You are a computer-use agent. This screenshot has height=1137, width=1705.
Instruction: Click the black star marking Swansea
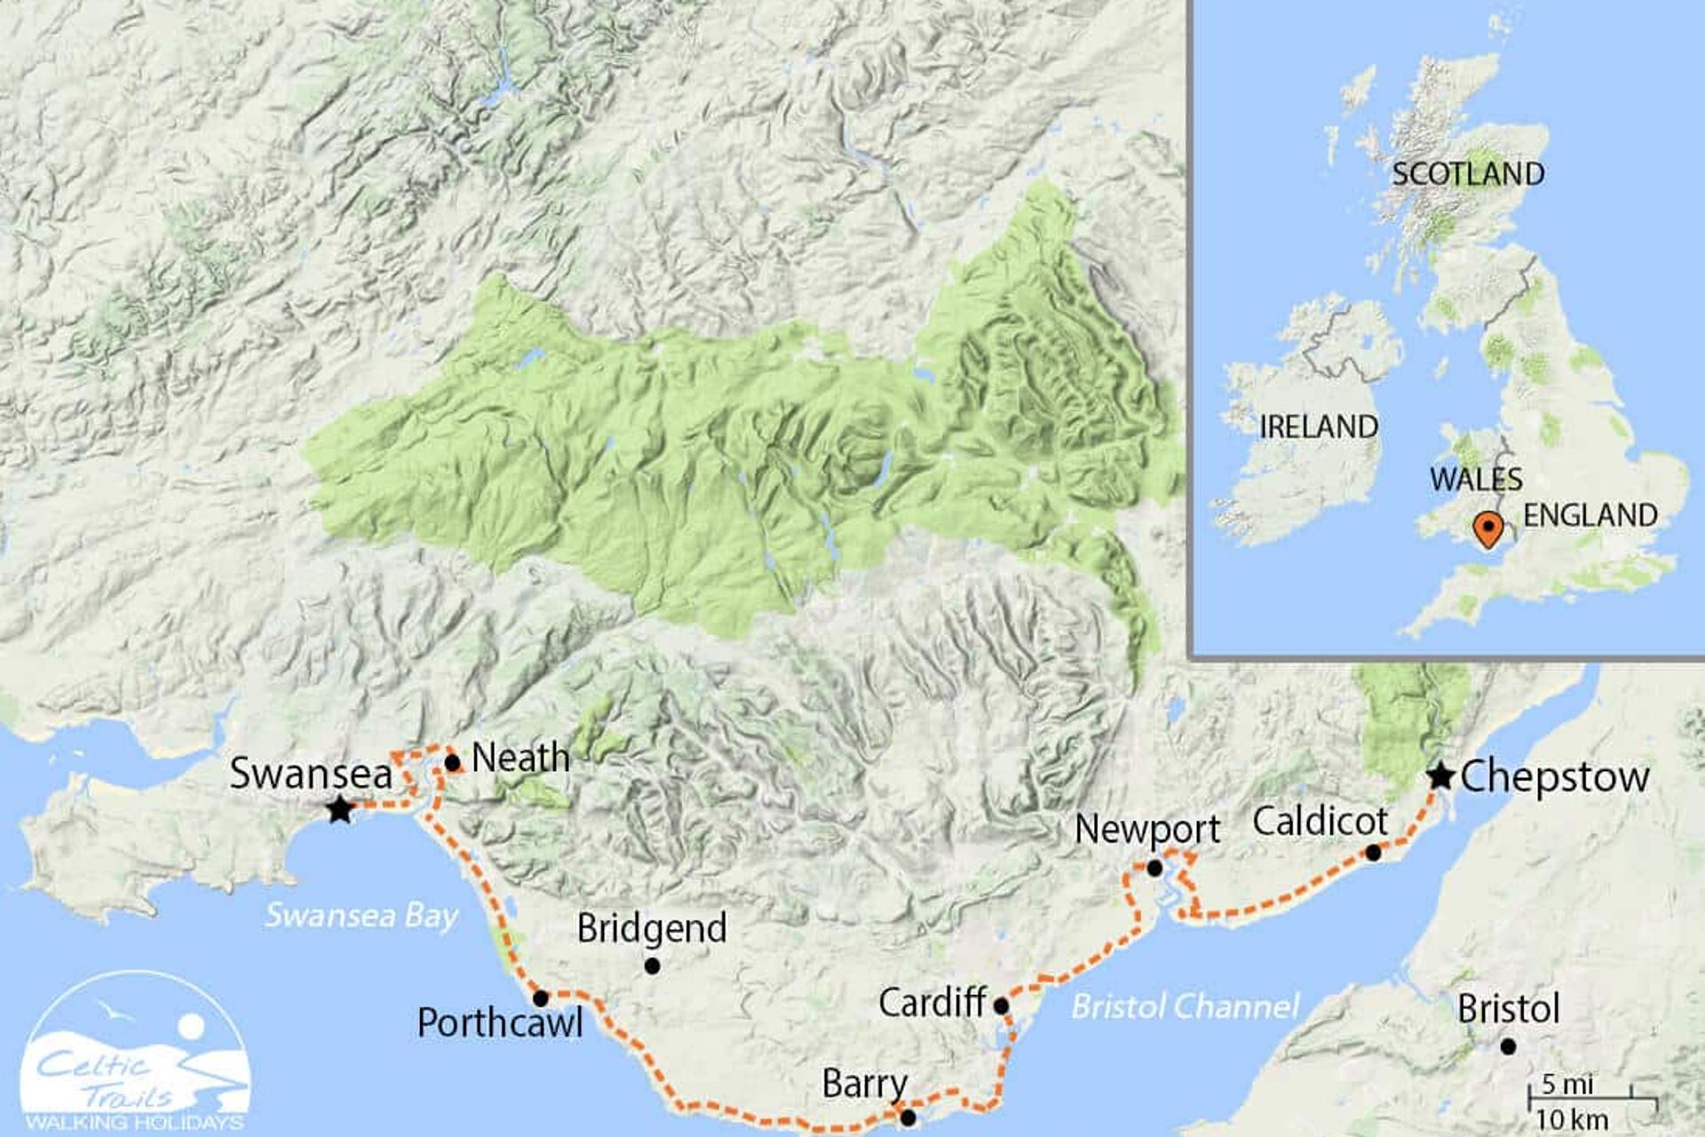pyautogui.click(x=339, y=809)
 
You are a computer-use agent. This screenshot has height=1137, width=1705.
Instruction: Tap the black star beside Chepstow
pyautogui.click(x=1440, y=776)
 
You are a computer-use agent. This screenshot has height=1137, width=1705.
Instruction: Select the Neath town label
pyautogui.click(x=520, y=758)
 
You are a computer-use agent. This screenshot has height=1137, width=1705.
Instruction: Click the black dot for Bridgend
pyautogui.click(x=652, y=966)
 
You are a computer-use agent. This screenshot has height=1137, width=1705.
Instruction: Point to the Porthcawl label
pyautogui.click(x=500, y=1022)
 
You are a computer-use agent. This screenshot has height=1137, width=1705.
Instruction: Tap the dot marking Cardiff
pyautogui.click(x=1001, y=1006)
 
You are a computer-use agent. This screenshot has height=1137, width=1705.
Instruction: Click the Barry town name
pyautogui.click(x=864, y=1084)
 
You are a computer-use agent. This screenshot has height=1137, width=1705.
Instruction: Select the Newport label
pyautogui.click(x=1146, y=829)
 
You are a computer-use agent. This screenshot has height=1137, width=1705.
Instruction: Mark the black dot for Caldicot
pyautogui.click(x=1373, y=853)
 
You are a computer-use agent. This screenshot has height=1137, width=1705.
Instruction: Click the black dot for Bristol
pyautogui.click(x=1508, y=1047)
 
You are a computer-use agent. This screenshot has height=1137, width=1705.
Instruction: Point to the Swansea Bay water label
pyautogui.click(x=361, y=915)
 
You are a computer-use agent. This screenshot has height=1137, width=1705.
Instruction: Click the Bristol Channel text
pyautogui.click(x=1185, y=1006)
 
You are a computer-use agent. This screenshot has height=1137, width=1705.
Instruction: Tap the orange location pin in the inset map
pyautogui.click(x=1487, y=530)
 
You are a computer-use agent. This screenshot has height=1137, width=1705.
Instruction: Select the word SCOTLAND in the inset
pyautogui.click(x=1467, y=174)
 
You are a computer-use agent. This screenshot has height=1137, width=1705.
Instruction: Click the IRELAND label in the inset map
pyautogui.click(x=1318, y=427)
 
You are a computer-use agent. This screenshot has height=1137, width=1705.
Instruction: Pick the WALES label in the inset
pyautogui.click(x=1475, y=480)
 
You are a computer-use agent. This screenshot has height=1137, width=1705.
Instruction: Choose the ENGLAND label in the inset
pyautogui.click(x=1590, y=515)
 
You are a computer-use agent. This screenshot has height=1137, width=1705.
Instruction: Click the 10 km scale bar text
pyautogui.click(x=1571, y=1120)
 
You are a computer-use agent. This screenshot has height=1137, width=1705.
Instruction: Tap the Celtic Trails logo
pyautogui.click(x=135, y=1053)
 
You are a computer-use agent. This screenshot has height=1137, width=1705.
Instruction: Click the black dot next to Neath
pyautogui.click(x=452, y=762)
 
